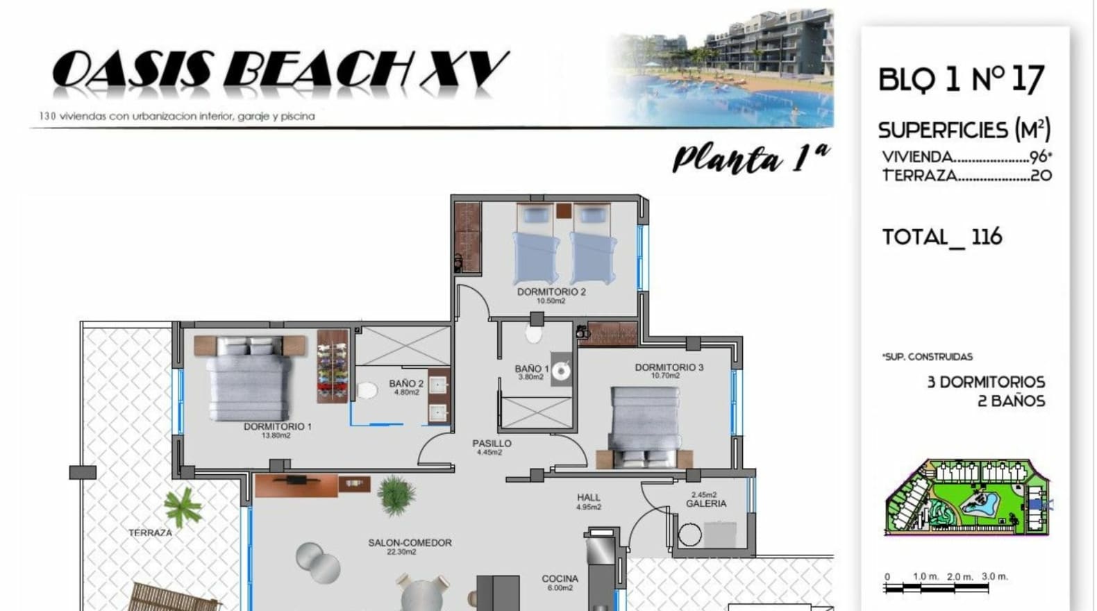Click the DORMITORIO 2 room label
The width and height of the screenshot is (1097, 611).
point(551,292)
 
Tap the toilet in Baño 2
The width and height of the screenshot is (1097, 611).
point(367,391)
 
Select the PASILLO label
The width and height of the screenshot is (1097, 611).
point(492,444)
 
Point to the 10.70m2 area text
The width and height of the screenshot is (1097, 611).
point(665,376)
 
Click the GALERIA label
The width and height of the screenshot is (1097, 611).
point(705,504)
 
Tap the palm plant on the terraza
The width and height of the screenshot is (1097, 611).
point(182,508)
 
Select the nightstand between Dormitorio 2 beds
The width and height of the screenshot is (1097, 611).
point(564,211)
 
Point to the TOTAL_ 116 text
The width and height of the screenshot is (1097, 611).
point(942,237)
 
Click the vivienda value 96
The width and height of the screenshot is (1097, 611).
point(1038,157)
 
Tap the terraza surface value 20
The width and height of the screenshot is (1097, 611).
point(1041,175)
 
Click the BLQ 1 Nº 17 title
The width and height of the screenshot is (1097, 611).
point(962,79)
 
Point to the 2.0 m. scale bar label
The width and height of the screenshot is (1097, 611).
point(960,577)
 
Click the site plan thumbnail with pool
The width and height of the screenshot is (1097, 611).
point(968,497)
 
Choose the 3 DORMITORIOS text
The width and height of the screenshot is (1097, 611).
point(987,382)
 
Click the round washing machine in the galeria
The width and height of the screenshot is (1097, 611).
point(690,535)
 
